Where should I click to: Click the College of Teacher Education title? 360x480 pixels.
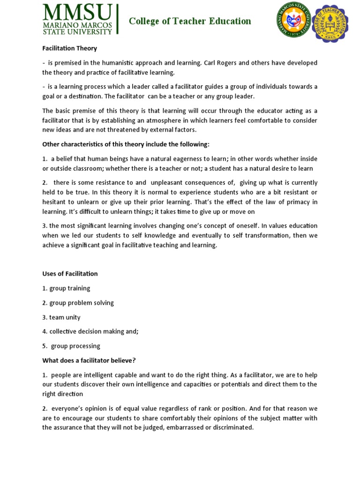(x=190, y=21)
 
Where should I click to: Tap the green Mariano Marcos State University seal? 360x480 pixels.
(x=293, y=20)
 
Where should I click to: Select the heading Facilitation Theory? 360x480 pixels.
(x=69, y=48)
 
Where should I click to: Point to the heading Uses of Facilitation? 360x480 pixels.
(x=70, y=274)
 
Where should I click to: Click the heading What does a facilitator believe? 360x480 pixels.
(x=89, y=360)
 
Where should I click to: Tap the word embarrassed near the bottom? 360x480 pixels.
(x=181, y=427)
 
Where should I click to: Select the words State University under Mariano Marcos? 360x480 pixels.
(x=77, y=31)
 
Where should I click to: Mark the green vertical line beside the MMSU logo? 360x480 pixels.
(x=117, y=19)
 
